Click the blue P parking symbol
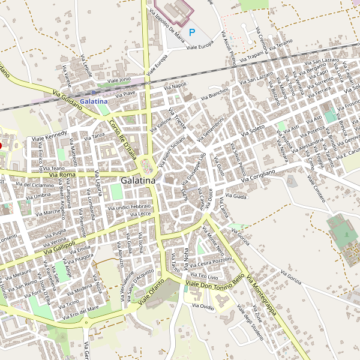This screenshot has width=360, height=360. point(192,32)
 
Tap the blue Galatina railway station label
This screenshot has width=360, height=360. point(93,101)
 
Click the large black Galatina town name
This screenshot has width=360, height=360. point(137,180)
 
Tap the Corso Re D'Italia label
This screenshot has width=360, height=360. point(123,134)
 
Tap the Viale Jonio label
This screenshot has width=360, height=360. point(118,80)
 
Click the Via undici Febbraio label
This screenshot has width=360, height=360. point(129,207)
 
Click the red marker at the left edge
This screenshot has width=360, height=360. point(1,145)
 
